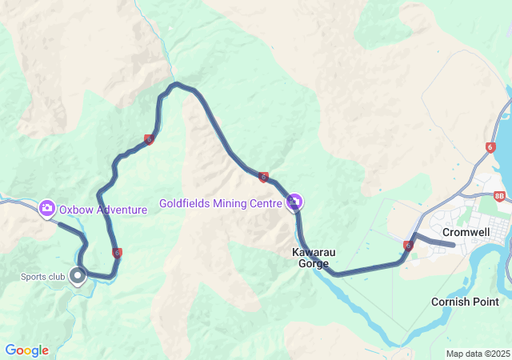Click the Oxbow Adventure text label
pyautogui.click(x=103, y=210)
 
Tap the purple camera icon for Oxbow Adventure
pyautogui.click(x=47, y=209)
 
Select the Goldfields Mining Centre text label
pyautogui.click(x=220, y=203)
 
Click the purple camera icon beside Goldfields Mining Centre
pyautogui.click(x=294, y=202)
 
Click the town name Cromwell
pyautogui.click(x=466, y=232)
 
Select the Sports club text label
pyautogui.click(x=42, y=277)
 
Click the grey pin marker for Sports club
pyautogui.click(x=78, y=276)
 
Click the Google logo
pyautogui.click(x=26, y=350)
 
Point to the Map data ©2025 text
pyautogui.click(x=478, y=354)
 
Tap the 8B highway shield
pyautogui.click(x=500, y=195)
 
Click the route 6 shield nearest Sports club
pyautogui.click(x=118, y=253)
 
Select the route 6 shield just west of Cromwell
pyautogui.click(x=408, y=246)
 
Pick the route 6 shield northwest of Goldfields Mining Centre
pyautogui.click(x=262, y=177)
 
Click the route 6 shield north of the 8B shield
pyautogui.click(x=490, y=147)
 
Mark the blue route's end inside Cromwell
pyautogui.click(x=454, y=245)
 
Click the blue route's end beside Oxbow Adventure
pyautogui.click(x=60, y=223)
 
